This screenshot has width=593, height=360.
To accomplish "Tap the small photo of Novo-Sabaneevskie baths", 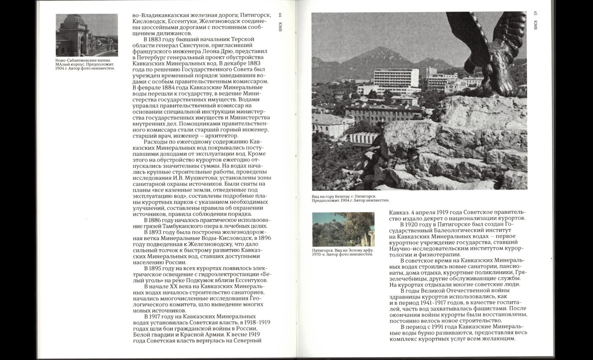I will [87, 35].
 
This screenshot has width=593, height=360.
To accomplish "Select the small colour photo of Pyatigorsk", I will [343, 229].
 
